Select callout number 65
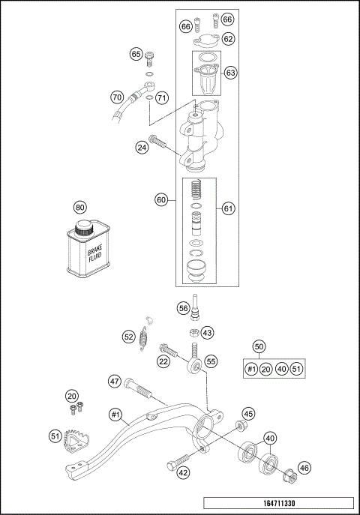point(136,54)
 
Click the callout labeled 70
point(116,97)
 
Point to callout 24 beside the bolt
point(142,148)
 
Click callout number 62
point(228,38)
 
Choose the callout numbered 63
point(230,73)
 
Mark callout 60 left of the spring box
point(160,200)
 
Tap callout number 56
point(182,308)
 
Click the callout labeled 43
point(208,332)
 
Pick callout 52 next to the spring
point(128,337)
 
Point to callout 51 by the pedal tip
point(55,435)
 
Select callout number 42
point(182,472)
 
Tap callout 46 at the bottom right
point(304,467)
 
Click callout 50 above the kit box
point(259,347)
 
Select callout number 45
point(248,413)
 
